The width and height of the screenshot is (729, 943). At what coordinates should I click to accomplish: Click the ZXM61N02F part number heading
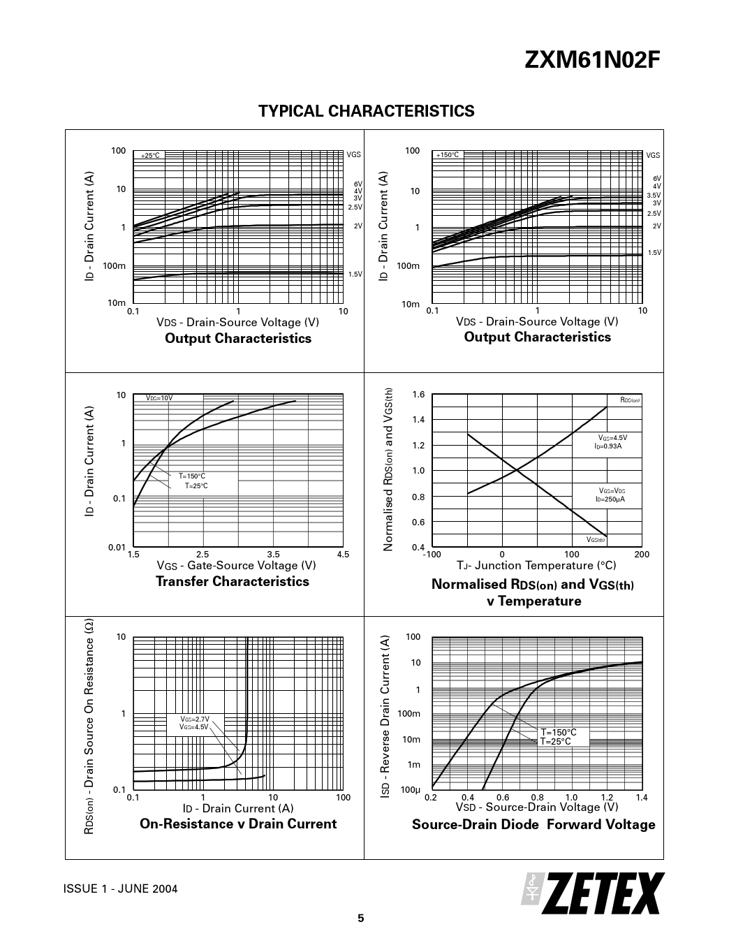591,62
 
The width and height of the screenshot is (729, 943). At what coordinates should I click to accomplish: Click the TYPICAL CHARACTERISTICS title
366,112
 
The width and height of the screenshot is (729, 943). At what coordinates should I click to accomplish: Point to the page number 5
361,919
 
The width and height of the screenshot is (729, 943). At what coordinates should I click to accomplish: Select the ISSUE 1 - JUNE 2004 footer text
120,889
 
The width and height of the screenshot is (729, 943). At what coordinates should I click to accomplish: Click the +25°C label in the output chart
150,156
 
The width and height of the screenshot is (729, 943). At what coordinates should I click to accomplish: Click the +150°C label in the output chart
447,155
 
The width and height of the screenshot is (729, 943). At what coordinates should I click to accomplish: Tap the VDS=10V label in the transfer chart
159,398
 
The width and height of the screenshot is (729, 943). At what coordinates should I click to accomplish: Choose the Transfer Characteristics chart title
232,581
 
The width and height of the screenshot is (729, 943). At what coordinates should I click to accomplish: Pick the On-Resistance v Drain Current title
238,824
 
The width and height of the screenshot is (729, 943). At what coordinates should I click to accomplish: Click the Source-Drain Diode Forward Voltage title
533,824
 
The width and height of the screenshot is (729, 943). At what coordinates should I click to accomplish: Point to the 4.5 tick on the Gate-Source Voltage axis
342,555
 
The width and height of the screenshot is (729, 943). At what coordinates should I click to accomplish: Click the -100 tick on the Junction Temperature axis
432,555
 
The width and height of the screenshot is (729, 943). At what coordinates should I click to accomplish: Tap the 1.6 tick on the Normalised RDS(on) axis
418,395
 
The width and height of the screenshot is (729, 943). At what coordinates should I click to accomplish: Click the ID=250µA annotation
610,499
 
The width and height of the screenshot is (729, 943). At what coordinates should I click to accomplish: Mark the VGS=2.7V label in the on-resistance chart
195,719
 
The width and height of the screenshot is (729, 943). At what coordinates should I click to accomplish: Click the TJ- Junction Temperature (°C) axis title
536,565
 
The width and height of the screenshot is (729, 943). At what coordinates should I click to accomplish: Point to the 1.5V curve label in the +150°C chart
654,253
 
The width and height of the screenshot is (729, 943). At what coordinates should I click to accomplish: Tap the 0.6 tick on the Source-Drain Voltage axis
503,798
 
